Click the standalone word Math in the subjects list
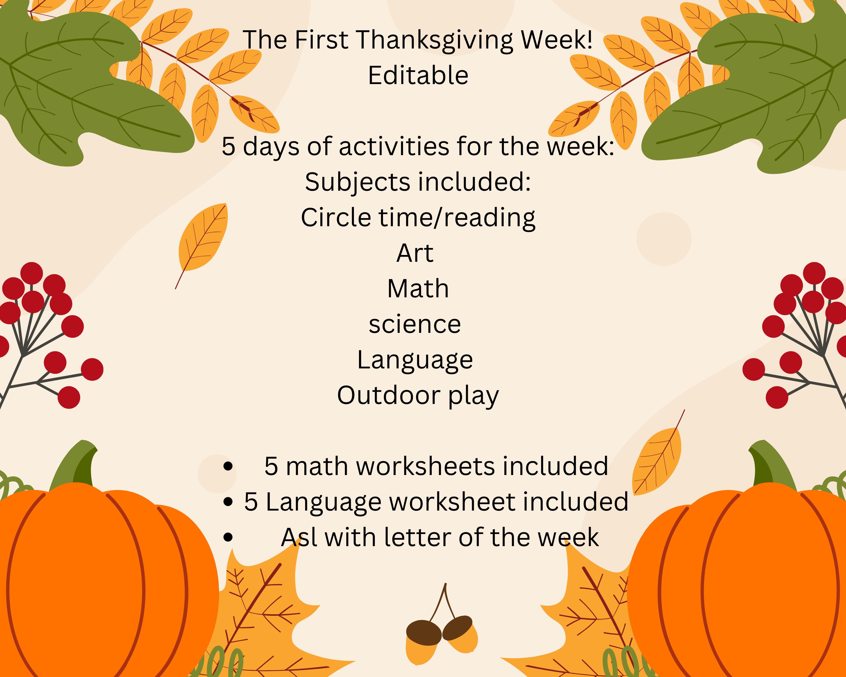click(x=418, y=289)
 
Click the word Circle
click(x=336, y=217)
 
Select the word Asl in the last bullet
click(x=299, y=537)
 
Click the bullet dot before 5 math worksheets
click(x=228, y=467)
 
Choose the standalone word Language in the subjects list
click(x=415, y=360)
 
